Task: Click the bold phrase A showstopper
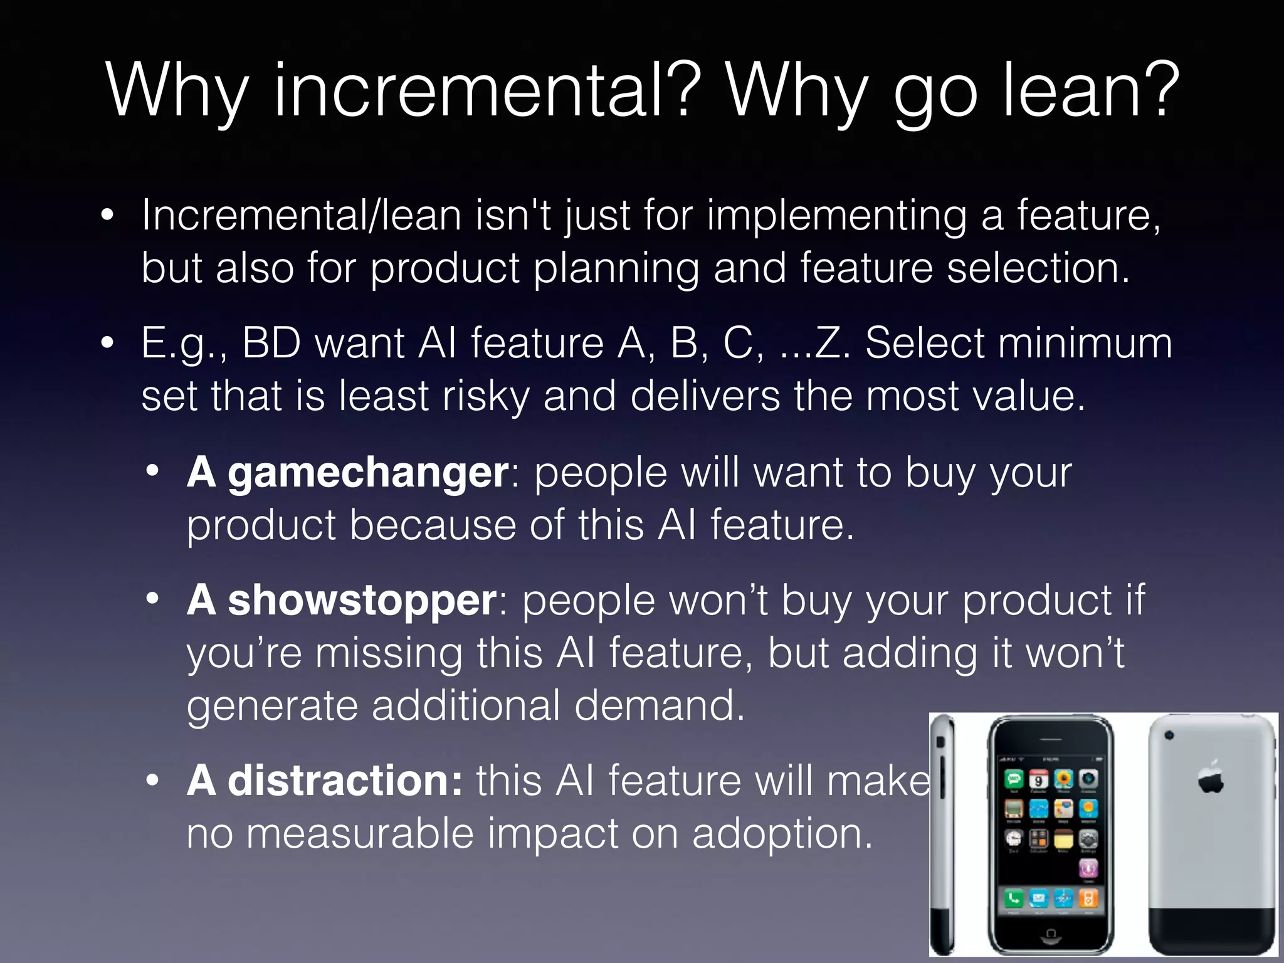(342, 600)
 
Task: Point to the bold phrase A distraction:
(324, 781)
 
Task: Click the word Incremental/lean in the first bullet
(301, 215)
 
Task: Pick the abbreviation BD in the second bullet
(271, 343)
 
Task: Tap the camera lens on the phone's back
(1169, 735)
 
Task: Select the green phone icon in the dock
(1014, 898)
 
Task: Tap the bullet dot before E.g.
(108, 343)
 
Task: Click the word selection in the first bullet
(1038, 268)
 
